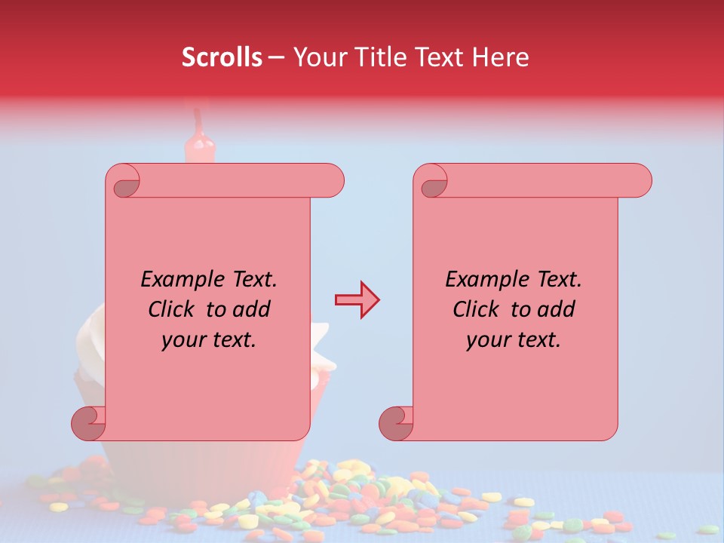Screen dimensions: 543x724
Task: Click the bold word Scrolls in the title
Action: point(222,57)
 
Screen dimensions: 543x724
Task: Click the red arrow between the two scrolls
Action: point(357,300)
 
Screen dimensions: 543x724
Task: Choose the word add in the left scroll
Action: point(251,310)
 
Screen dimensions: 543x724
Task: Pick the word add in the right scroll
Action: point(556,310)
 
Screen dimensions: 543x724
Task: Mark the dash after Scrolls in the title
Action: point(276,58)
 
